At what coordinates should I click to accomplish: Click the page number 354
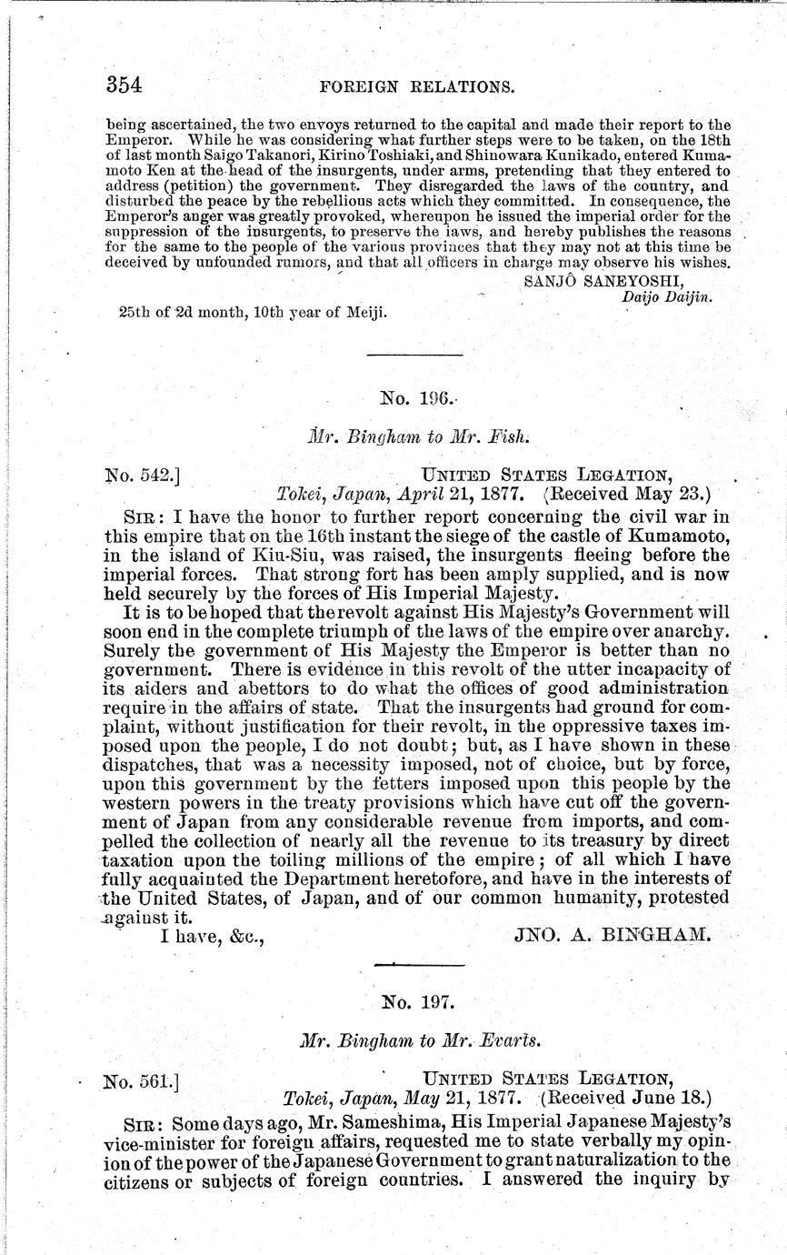pyautogui.click(x=125, y=85)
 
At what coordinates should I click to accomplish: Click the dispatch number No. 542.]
pyautogui.click(x=145, y=474)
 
